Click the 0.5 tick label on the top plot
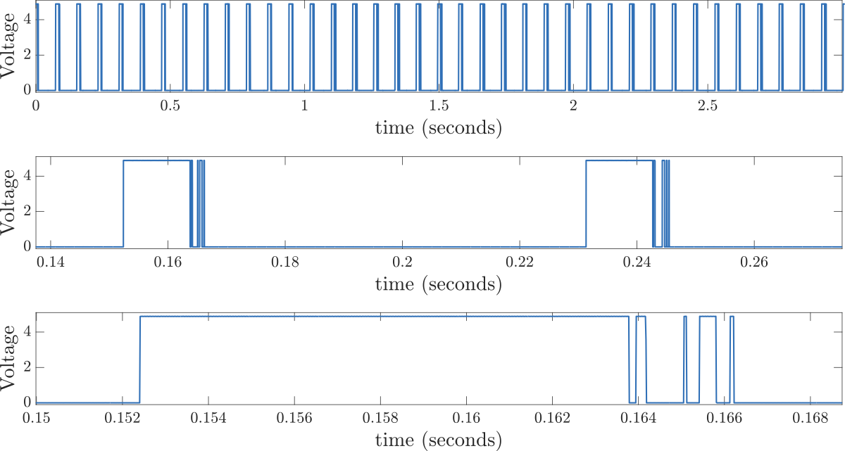coord(170,106)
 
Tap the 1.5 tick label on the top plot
coord(439,106)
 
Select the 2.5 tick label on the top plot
coord(707,106)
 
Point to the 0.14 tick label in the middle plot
coord(50,262)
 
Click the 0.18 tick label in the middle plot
coord(284,262)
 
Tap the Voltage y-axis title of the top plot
coord(10,47)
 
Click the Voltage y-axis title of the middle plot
coord(10,203)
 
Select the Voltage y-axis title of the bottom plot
coord(10,360)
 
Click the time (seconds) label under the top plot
coord(438,129)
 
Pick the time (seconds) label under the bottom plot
coord(438,441)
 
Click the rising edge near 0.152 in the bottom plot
coord(140,359)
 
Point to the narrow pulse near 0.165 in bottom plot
coord(685,359)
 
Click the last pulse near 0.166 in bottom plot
coord(732,359)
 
